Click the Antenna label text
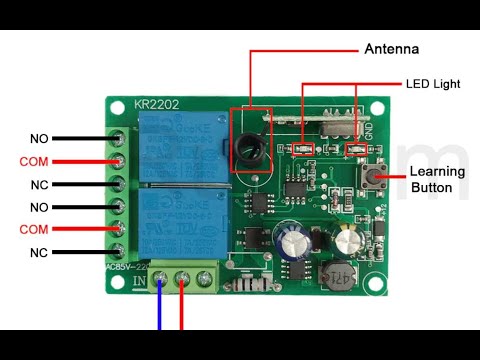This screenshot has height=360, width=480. [392, 49]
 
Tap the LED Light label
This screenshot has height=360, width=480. [432, 84]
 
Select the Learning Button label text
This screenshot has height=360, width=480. [437, 179]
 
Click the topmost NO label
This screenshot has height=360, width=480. [39, 138]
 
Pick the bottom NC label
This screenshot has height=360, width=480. [39, 253]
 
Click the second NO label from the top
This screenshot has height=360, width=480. [39, 207]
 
